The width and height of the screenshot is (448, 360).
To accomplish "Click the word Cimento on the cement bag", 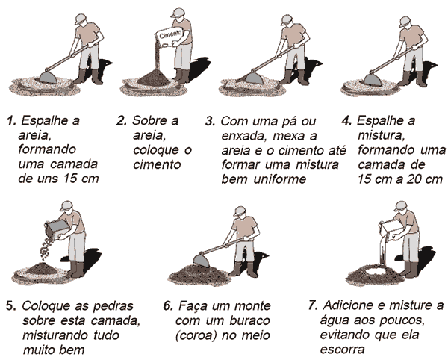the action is pos(170,35).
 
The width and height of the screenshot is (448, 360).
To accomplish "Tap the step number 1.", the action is pos(11,121).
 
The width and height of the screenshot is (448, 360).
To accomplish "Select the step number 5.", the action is pos(10,306).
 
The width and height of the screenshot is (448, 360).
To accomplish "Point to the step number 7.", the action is pos(313,305).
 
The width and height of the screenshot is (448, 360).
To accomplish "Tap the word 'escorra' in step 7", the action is pos(342,350).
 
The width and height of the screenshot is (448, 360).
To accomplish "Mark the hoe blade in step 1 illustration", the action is pos(49,77).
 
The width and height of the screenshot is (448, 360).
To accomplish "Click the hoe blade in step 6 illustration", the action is pos(202,260).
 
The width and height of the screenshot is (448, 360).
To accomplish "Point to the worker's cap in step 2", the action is pos(177,13).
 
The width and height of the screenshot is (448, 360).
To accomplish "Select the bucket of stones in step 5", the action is pos(57,229).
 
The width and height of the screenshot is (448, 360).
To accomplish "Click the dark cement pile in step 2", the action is pos(156,77).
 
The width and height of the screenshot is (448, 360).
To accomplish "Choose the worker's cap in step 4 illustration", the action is pos(405,22).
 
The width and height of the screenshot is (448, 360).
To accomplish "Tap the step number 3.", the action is pos(210,122).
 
